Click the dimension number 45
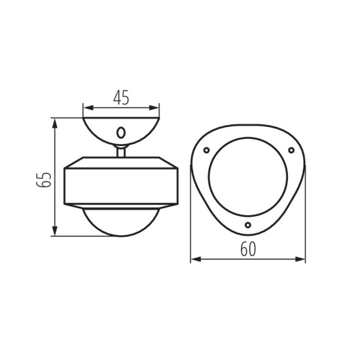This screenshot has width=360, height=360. click(x=121, y=98)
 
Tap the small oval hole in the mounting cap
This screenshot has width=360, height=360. click(x=121, y=132)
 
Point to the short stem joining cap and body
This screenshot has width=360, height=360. click(x=121, y=152)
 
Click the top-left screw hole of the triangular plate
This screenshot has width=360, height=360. click(x=207, y=150)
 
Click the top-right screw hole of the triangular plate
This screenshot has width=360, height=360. click(x=291, y=151)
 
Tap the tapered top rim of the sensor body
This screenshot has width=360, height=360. click(x=121, y=162)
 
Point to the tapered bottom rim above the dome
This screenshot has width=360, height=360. click(x=121, y=207)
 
